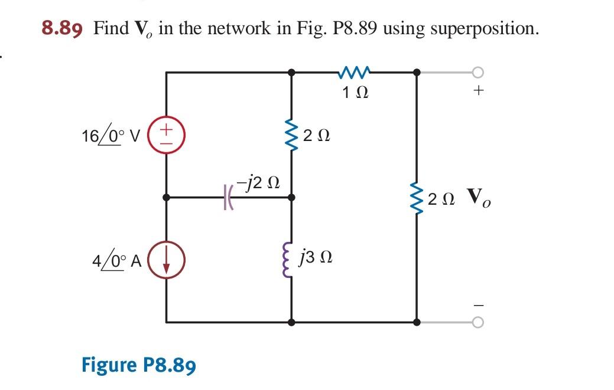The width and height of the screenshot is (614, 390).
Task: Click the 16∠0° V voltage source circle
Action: click(167, 135)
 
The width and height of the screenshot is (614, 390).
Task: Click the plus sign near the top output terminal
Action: click(479, 91)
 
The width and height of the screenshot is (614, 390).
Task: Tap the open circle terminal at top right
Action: click(479, 73)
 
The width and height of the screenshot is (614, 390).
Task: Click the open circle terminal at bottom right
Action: click(479, 322)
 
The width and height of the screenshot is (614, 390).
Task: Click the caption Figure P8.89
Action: click(139, 365)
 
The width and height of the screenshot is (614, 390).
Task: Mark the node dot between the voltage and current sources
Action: click(167, 198)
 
